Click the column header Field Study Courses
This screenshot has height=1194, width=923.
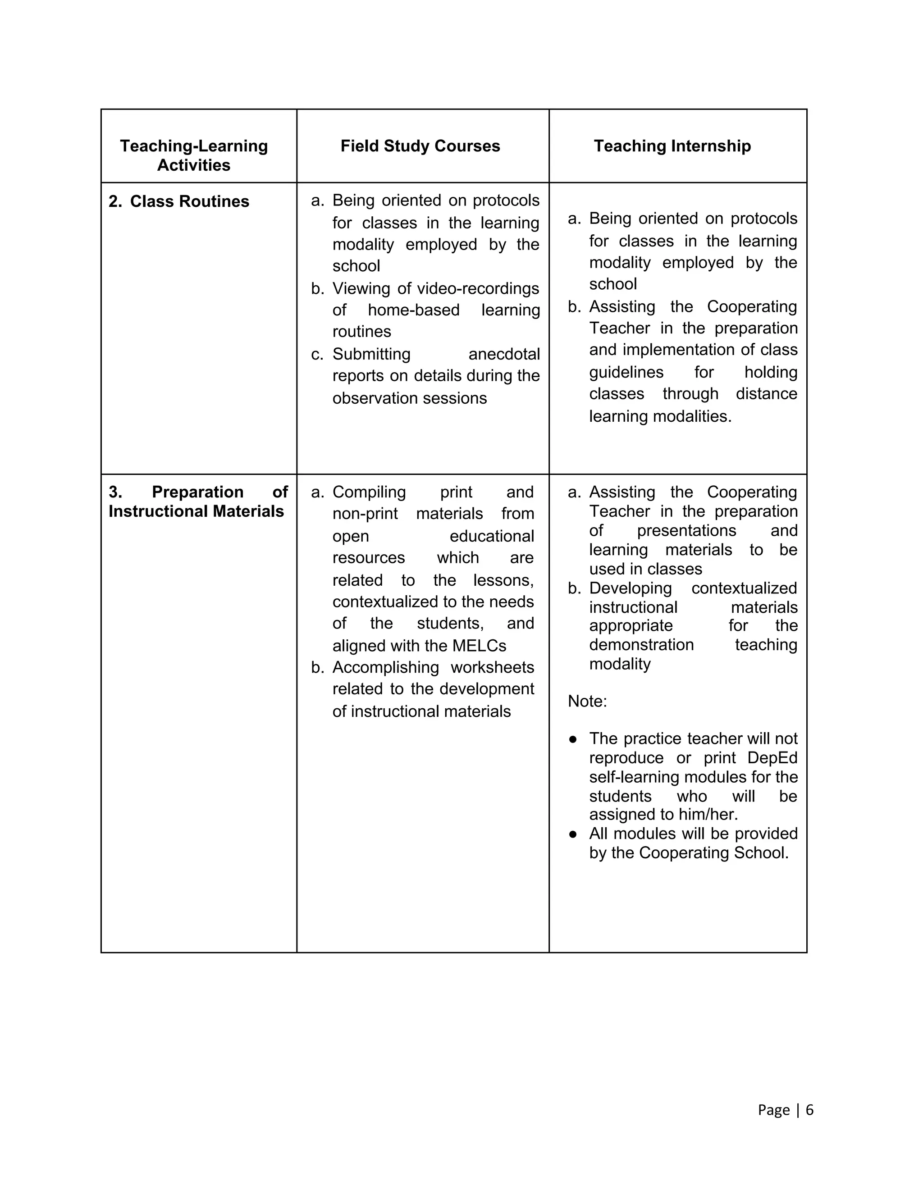pyautogui.click(x=420, y=146)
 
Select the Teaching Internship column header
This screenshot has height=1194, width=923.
pyautogui.click(x=672, y=146)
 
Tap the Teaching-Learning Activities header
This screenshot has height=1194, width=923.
pyautogui.click(x=193, y=155)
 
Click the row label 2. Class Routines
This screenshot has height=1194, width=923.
pyautogui.click(x=179, y=201)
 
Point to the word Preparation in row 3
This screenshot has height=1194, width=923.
pyautogui.click(x=197, y=492)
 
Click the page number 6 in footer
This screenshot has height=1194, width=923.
pyautogui.click(x=809, y=1110)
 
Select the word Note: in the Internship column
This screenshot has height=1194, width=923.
pyautogui.click(x=587, y=701)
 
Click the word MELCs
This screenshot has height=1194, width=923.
pyautogui.click(x=479, y=646)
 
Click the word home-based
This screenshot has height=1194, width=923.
pyautogui.click(x=413, y=310)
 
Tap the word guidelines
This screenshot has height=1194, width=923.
pyautogui.click(x=626, y=372)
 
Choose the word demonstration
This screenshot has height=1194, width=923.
pyautogui.click(x=641, y=645)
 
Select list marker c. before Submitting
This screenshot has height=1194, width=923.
pyautogui.click(x=317, y=354)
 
